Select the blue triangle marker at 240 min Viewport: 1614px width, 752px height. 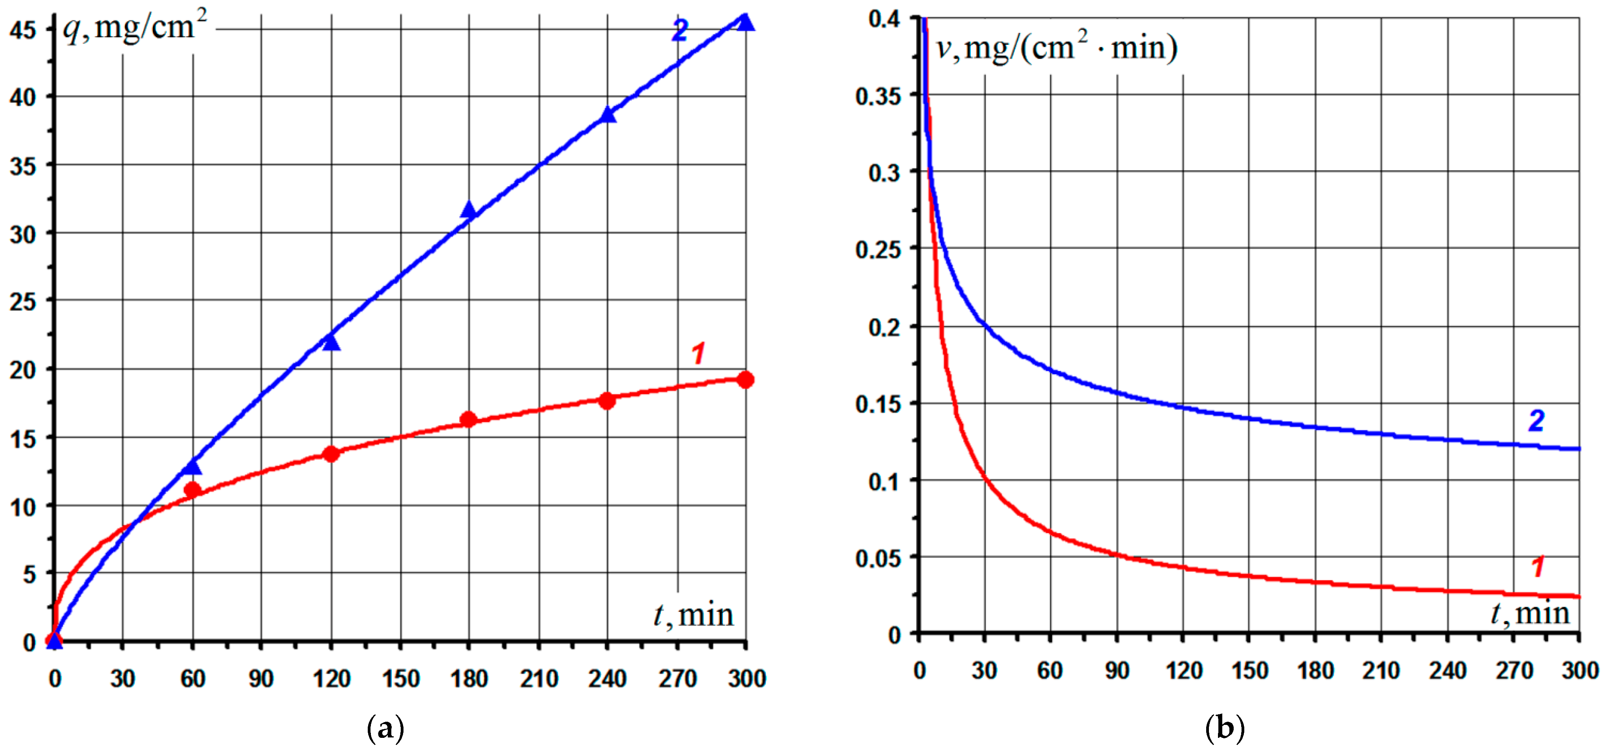[607, 115]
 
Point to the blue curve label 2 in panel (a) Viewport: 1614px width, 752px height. [680, 30]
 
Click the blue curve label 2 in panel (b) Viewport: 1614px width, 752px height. [1536, 421]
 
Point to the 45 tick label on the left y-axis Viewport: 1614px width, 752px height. [23, 29]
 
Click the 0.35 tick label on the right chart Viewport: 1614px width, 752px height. [878, 96]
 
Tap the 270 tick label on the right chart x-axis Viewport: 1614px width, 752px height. [1514, 671]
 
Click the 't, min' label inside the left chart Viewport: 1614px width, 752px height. [693, 615]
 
